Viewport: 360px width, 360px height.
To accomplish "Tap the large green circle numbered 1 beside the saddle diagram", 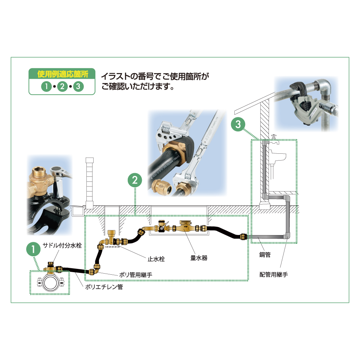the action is point(33,249).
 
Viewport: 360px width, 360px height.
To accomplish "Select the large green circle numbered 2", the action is point(135,180).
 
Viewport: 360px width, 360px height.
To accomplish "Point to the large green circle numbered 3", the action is point(238,124).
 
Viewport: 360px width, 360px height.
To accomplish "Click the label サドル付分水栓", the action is point(62,245).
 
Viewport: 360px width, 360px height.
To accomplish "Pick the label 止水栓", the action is point(156,259).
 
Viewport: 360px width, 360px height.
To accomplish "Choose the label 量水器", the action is point(199,258).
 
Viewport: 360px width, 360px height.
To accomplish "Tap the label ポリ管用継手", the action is point(136,275).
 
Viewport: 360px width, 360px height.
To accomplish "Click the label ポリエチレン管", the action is point(104,287).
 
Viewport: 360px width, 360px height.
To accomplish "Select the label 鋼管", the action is point(265,255).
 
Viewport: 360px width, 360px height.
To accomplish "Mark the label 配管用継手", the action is point(274,274).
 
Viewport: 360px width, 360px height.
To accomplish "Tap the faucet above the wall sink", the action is point(274,140).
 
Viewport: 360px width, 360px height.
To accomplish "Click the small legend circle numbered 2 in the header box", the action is point(62,86).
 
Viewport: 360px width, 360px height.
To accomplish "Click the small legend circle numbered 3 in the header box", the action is point(78,86).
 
